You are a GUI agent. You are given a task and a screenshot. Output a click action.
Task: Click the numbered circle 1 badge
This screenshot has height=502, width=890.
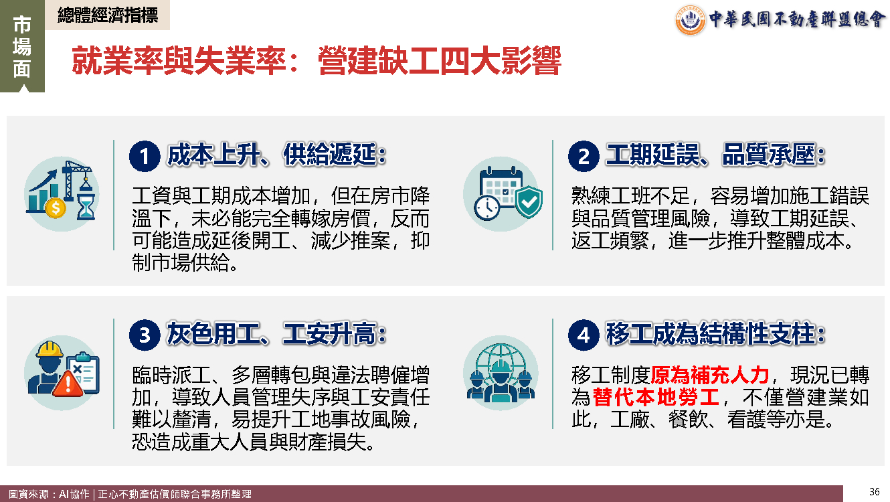coord(145,156)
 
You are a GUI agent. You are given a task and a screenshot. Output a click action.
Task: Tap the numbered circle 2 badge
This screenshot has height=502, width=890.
coord(584,156)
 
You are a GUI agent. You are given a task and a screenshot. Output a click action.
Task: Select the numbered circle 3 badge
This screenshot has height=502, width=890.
coord(145,335)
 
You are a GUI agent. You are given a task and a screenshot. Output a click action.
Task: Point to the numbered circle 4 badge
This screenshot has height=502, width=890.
coord(584,335)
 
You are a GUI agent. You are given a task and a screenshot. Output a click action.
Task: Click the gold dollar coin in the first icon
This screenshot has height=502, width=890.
coord(56,208)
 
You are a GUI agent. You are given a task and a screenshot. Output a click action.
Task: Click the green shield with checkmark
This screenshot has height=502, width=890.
coord(529,201)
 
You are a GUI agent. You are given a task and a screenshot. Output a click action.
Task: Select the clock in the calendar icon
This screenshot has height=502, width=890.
coord(486,207)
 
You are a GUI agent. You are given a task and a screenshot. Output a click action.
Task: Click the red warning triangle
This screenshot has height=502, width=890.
coord(68,384)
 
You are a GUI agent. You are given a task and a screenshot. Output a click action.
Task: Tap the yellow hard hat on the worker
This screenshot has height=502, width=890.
coord(50,349)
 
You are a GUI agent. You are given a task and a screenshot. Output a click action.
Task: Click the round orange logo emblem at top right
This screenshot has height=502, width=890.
coord(690,20)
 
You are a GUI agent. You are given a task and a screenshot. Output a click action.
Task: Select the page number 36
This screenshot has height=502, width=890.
coord(874,492)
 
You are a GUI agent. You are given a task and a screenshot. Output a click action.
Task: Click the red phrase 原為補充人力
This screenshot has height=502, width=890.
coord(710,374)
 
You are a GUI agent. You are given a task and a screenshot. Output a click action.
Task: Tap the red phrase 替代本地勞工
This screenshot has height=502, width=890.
coord(656,397)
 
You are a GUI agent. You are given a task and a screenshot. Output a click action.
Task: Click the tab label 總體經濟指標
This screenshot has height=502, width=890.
coord(108,15)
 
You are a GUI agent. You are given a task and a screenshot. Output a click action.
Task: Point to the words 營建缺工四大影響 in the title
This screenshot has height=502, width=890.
coord(440,61)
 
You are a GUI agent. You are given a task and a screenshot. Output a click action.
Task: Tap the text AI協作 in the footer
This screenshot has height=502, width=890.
coord(74,494)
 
